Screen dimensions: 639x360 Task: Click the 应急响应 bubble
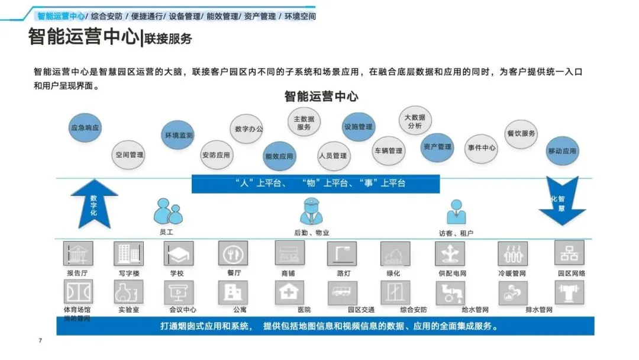click(85, 127)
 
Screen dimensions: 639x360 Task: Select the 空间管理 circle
click(129, 155)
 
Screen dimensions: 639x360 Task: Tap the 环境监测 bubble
click(178, 135)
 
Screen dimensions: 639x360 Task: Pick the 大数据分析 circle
click(414, 121)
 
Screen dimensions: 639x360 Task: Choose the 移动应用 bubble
click(561, 151)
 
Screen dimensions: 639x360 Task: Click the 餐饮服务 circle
click(521, 133)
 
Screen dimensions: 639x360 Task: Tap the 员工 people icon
click(166, 211)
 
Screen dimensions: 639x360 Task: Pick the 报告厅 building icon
click(78, 253)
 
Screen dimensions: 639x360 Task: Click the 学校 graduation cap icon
click(178, 253)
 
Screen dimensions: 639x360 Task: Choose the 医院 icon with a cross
click(290, 292)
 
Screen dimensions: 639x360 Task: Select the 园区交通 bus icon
click(343, 292)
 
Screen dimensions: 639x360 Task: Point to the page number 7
click(40, 340)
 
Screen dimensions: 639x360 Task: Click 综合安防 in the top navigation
click(107, 17)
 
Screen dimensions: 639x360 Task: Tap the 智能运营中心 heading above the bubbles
click(321, 96)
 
